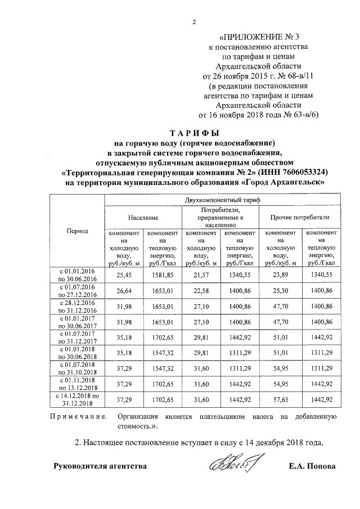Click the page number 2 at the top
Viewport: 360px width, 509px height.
pyautogui.click(x=194, y=22)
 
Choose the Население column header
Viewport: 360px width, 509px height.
pyautogui.click(x=142, y=217)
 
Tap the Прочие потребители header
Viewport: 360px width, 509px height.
pyautogui.click(x=299, y=217)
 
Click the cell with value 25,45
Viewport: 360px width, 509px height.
pyautogui.click(x=123, y=274)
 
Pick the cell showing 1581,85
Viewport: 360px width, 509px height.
pyautogui.click(x=162, y=274)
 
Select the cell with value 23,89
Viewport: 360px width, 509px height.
pyautogui.click(x=280, y=274)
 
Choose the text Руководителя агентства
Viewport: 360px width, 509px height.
pyautogui.click(x=100, y=466)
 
